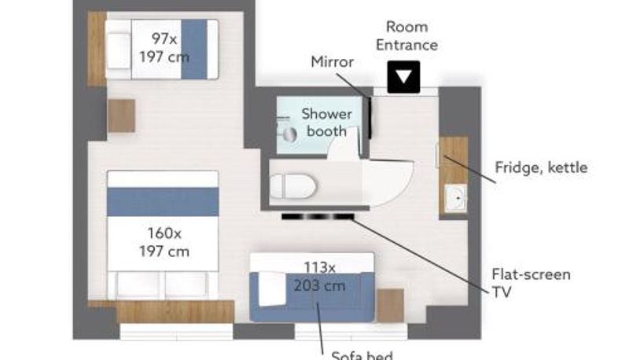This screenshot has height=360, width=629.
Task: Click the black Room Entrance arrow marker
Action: [403, 76]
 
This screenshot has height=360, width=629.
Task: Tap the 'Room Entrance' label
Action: [406, 36]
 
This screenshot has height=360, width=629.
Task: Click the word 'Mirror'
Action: [332, 62]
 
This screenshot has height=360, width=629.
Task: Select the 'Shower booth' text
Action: [326, 123]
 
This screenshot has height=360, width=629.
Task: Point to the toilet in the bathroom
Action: [292, 186]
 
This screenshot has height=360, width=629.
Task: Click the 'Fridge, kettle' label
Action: [541, 167]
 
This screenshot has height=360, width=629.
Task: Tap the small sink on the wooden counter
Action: [455, 197]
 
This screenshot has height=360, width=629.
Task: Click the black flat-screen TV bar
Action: [318, 217]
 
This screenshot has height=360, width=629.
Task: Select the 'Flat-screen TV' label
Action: [531, 283]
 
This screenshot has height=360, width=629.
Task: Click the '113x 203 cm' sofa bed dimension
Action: [320, 277]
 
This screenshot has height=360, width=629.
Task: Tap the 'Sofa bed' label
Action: [362, 355]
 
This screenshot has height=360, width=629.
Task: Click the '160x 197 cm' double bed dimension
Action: [164, 242]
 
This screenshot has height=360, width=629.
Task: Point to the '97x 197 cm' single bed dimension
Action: [164, 48]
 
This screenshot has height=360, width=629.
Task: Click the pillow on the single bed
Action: [118, 51]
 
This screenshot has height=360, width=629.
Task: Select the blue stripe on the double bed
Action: [163, 202]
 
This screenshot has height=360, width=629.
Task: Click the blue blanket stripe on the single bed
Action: [194, 50]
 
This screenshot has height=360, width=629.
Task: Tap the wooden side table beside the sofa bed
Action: [390, 306]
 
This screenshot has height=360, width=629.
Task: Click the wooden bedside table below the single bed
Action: [121, 116]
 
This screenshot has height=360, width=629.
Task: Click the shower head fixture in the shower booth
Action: [289, 134]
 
